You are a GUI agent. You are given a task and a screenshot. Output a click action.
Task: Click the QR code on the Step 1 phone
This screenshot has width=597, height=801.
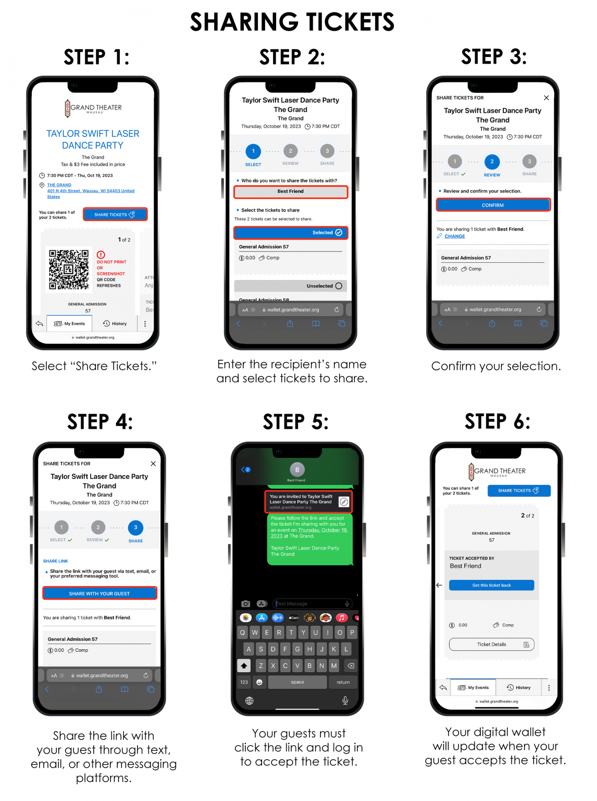tap(69, 269)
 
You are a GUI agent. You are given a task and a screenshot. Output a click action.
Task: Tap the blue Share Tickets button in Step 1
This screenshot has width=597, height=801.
tap(115, 214)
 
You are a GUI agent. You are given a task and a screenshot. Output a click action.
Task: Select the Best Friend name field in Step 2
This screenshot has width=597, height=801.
tap(291, 192)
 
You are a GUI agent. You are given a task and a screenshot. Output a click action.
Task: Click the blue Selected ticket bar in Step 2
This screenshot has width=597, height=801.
tap(291, 233)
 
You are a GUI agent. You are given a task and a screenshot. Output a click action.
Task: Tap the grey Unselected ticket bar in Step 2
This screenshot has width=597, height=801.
tap(291, 286)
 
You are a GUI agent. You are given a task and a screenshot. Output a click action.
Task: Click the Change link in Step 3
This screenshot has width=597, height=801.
tap(454, 237)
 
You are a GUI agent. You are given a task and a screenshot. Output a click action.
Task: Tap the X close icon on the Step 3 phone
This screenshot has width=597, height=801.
tap(546, 98)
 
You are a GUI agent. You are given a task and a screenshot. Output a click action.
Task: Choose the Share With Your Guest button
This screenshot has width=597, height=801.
tap(99, 593)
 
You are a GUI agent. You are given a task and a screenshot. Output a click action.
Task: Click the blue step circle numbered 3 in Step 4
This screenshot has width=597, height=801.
tap(135, 528)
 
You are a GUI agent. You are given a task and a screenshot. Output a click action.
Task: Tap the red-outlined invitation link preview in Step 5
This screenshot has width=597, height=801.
tap(308, 502)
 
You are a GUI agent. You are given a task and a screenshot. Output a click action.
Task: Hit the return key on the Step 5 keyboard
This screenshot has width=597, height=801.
tap(343, 682)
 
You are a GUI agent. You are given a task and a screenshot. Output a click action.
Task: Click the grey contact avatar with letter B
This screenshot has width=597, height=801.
tap(297, 470)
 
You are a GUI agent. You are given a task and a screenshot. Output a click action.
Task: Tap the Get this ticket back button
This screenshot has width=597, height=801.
tap(491, 585)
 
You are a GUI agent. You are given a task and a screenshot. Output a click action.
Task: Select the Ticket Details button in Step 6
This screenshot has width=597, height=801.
tap(491, 645)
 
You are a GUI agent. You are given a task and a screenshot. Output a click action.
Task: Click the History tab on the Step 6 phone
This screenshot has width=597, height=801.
tap(519, 687)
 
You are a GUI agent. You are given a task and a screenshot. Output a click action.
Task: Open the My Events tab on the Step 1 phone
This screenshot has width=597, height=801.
tap(69, 324)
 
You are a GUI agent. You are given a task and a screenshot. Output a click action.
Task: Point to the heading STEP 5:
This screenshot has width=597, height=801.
tap(295, 422)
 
